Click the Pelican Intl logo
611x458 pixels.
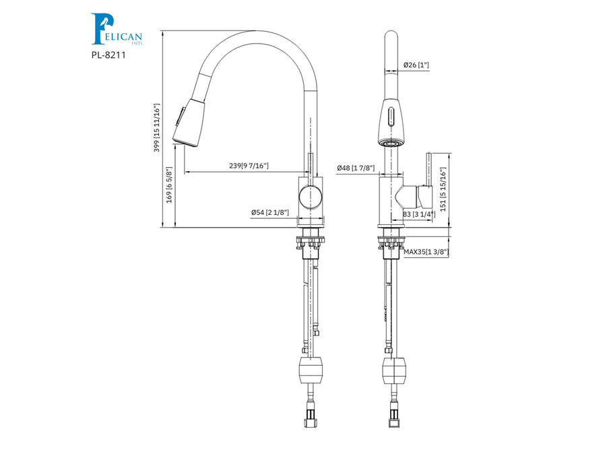pos(117,29)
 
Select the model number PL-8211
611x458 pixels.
pos(108,55)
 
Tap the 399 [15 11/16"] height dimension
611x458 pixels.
pos(157,128)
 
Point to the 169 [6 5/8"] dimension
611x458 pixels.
pos(169,185)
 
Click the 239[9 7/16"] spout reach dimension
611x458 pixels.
pos(249,166)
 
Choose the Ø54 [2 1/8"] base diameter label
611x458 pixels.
pos(270,212)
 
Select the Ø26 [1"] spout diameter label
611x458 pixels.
pos(416,65)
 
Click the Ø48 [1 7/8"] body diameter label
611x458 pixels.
pos(356,168)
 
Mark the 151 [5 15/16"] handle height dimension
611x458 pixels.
pos(443,190)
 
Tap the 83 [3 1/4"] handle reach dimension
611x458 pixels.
pos(419,214)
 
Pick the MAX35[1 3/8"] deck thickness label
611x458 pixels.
pos(426,252)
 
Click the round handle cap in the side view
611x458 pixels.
pos(311,197)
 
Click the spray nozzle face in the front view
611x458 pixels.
pos(391,143)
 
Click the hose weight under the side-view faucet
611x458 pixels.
pos(311,370)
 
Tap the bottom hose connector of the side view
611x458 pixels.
pos(311,417)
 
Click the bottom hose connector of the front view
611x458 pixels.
pos(394,417)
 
